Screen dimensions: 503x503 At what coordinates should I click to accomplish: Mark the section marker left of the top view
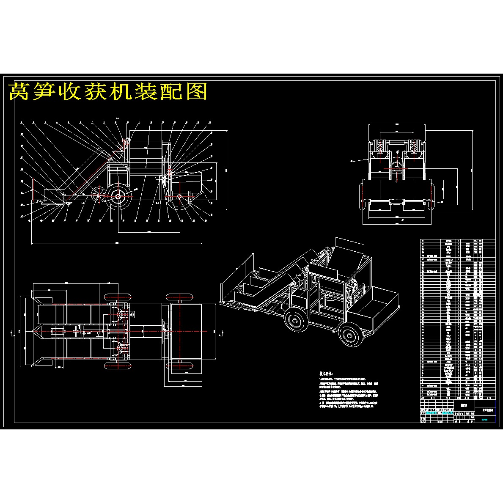tap(11, 331)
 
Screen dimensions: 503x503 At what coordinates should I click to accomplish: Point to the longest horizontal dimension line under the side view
tap(117, 244)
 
